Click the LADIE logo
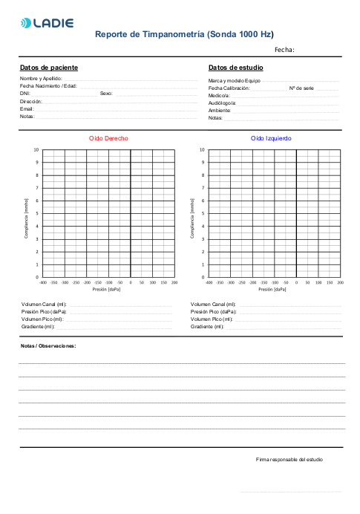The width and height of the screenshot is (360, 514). (x=48, y=23)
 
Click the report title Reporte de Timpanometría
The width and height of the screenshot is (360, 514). (x=184, y=34)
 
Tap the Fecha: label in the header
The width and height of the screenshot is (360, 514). (x=284, y=50)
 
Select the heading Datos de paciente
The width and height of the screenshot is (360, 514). (x=48, y=68)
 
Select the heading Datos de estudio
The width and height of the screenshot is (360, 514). (x=235, y=68)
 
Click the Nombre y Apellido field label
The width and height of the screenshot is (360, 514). (x=41, y=78)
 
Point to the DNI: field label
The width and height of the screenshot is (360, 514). (x=24, y=94)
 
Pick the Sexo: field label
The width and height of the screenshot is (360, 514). (x=106, y=94)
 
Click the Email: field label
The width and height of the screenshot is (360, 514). (x=27, y=109)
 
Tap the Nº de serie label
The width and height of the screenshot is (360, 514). (x=301, y=88)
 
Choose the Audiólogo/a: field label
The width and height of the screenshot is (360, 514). (x=222, y=103)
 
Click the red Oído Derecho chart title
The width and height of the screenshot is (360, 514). (x=108, y=139)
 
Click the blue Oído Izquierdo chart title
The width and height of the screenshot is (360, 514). (x=271, y=139)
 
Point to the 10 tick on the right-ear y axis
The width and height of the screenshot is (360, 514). (x=36, y=150)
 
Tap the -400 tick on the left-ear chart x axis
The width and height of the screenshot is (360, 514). (x=209, y=283)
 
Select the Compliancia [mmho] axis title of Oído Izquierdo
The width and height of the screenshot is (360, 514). (x=192, y=214)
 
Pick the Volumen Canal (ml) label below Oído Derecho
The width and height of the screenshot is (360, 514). (x=44, y=305)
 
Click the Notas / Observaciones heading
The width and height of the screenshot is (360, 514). (x=48, y=346)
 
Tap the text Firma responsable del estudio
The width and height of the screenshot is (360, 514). (x=289, y=460)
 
